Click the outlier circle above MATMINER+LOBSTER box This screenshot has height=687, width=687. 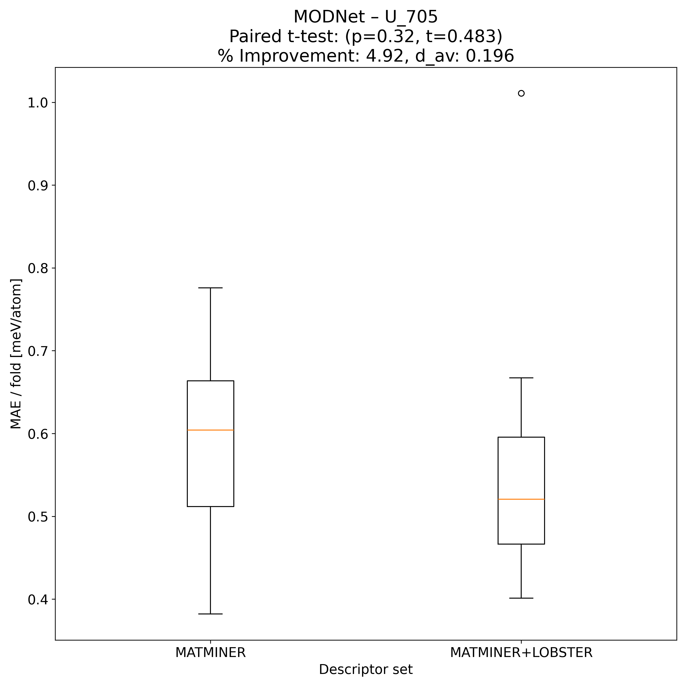(521, 93)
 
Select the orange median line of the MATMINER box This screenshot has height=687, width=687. (210, 430)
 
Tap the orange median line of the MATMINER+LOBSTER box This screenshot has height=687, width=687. (521, 499)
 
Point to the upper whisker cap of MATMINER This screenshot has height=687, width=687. (210, 288)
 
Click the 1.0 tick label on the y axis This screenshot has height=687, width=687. (38, 103)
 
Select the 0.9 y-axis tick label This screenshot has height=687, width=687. (38, 186)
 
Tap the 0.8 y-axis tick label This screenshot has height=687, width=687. (38, 268)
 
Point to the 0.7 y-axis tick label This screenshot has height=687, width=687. (38, 351)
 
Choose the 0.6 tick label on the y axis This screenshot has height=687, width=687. (38, 434)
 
